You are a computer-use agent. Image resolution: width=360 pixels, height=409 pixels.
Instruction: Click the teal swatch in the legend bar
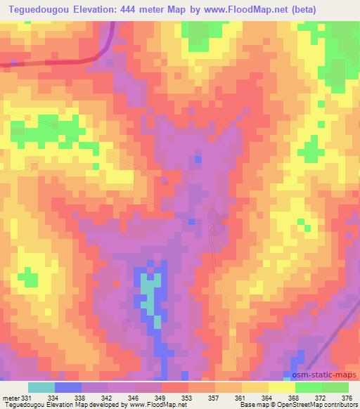[41, 387]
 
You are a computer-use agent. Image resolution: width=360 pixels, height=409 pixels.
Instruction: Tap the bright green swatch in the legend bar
[309, 387]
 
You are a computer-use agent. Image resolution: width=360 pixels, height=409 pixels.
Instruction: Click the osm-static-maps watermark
[327, 376]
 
